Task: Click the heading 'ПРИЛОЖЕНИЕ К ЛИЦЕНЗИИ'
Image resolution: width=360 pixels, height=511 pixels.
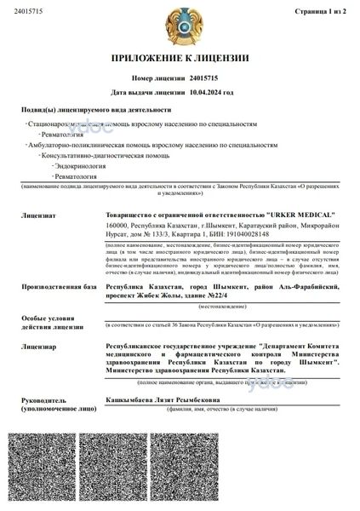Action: click(x=179, y=59)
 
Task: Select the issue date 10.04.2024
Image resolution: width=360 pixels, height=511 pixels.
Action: click(x=209, y=90)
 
